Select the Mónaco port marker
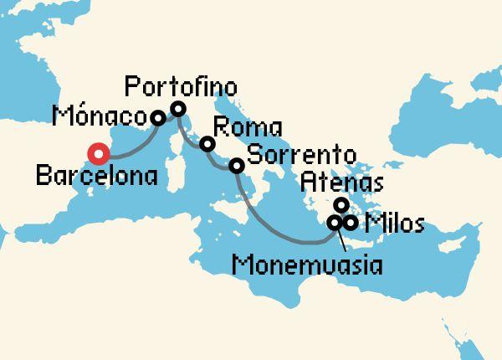pyautogui.click(x=157, y=118)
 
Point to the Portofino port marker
pyautogui.click(x=177, y=108)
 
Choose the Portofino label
pyautogui.click(x=180, y=86)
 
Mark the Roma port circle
pyautogui.click(x=207, y=144)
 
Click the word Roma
pyautogui.click(x=248, y=130)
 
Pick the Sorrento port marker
pyautogui.click(x=237, y=166)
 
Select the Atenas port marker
pyautogui.click(x=341, y=204)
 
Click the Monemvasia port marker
pyautogui.click(x=334, y=223)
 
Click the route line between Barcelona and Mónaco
pyautogui.click(x=130, y=148)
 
